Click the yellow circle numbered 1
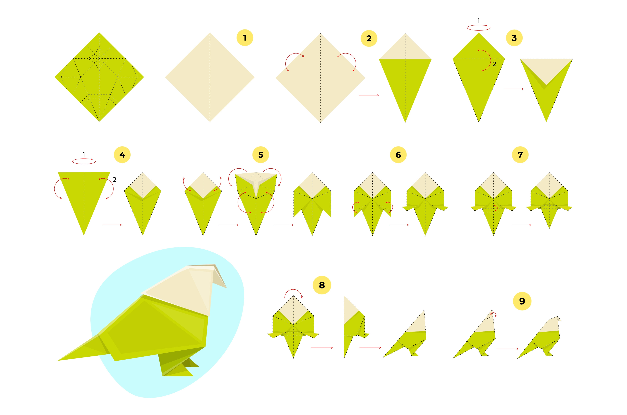coord(245,38)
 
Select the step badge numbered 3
coord(514,38)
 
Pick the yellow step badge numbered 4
coord(122,155)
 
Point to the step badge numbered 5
coord(261,155)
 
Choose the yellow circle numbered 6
coord(398,155)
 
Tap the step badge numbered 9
coord(522,301)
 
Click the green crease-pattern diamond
coord(99,77)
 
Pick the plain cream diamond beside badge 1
coord(210,77)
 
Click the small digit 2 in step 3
coord(494,64)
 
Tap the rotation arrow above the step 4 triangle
coord(84,161)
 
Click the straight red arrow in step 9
coord(507,349)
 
